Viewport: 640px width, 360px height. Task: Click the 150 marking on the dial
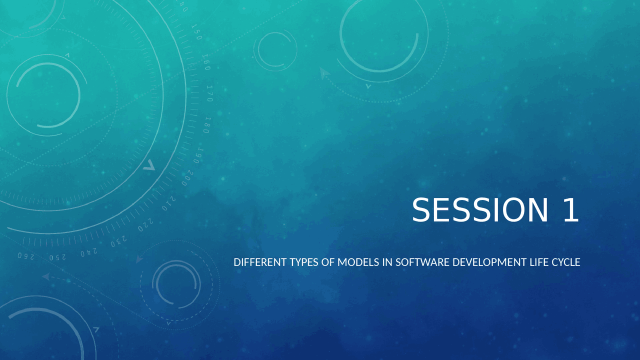click(196, 32)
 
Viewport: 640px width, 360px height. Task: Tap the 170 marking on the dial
click(209, 93)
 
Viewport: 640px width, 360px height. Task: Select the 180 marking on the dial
click(207, 125)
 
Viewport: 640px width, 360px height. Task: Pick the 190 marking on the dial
click(198, 155)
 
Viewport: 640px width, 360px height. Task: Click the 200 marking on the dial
click(187, 177)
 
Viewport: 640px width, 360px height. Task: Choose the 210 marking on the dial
click(168, 203)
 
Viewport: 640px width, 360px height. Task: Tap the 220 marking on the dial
click(145, 225)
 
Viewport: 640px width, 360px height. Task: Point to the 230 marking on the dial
click(119, 241)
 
